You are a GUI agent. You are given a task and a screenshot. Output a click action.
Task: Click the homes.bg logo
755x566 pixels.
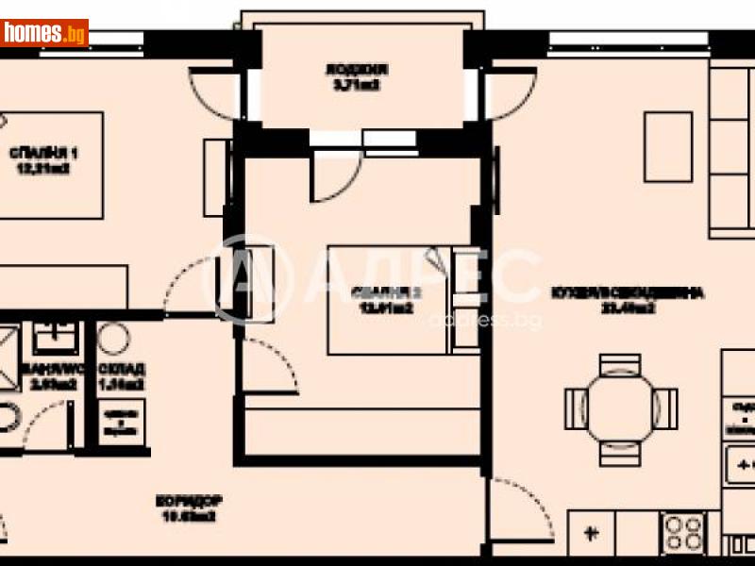(x=44, y=33)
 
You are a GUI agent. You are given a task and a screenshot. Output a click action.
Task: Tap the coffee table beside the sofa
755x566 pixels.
(x=669, y=146)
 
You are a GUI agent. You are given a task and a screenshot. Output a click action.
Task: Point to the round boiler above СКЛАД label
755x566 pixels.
(x=114, y=339)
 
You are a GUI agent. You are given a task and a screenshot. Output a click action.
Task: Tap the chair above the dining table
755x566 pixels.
(x=620, y=363)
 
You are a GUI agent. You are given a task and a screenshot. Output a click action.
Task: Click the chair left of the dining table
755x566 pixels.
(x=575, y=407)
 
